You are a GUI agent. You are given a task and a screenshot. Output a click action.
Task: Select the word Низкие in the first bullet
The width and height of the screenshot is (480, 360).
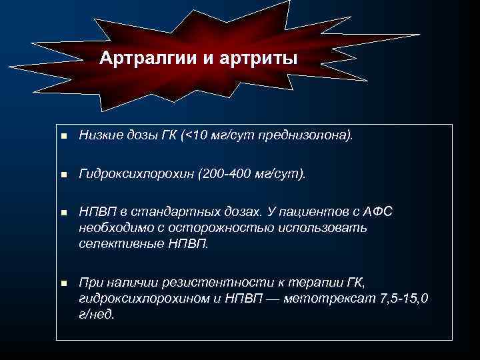tap(99, 136)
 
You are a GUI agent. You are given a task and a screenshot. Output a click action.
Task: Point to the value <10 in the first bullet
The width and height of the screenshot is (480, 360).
tap(196, 136)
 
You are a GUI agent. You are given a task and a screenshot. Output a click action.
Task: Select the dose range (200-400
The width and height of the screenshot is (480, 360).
tap(223, 174)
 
